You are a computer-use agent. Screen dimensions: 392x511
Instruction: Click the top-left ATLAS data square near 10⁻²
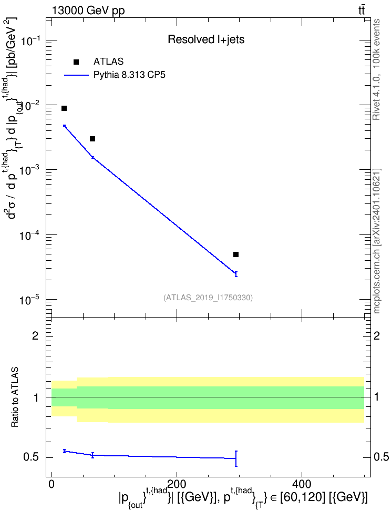tap(64, 108)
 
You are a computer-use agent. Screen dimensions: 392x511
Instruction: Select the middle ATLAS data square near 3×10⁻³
tap(92, 139)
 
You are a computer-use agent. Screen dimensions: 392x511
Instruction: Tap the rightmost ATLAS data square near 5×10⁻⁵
tap(236, 254)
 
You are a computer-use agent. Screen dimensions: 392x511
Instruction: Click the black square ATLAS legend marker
tap(76, 62)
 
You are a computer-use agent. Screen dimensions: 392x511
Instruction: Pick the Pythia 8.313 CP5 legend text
tap(129, 75)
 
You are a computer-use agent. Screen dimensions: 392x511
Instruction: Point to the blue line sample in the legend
tap(76, 75)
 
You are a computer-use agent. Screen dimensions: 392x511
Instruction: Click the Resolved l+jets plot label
tap(206, 39)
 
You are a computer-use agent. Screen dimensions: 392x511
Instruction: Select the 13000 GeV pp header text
tap(88, 11)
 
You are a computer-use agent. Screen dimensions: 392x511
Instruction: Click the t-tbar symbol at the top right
tap(362, 10)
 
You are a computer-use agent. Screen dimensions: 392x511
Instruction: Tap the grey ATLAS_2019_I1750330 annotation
tap(208, 297)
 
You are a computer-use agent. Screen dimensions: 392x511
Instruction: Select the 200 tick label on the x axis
tap(176, 484)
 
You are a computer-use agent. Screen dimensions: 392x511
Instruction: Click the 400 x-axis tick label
tap(302, 484)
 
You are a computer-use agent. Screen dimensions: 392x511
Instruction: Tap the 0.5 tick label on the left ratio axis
tap(31, 457)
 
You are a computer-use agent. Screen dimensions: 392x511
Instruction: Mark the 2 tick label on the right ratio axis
tap(377, 335)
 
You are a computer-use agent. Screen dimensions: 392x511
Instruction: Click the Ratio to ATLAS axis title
tap(15, 397)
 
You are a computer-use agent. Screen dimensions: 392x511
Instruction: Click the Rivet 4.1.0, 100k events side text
tap(376, 69)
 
